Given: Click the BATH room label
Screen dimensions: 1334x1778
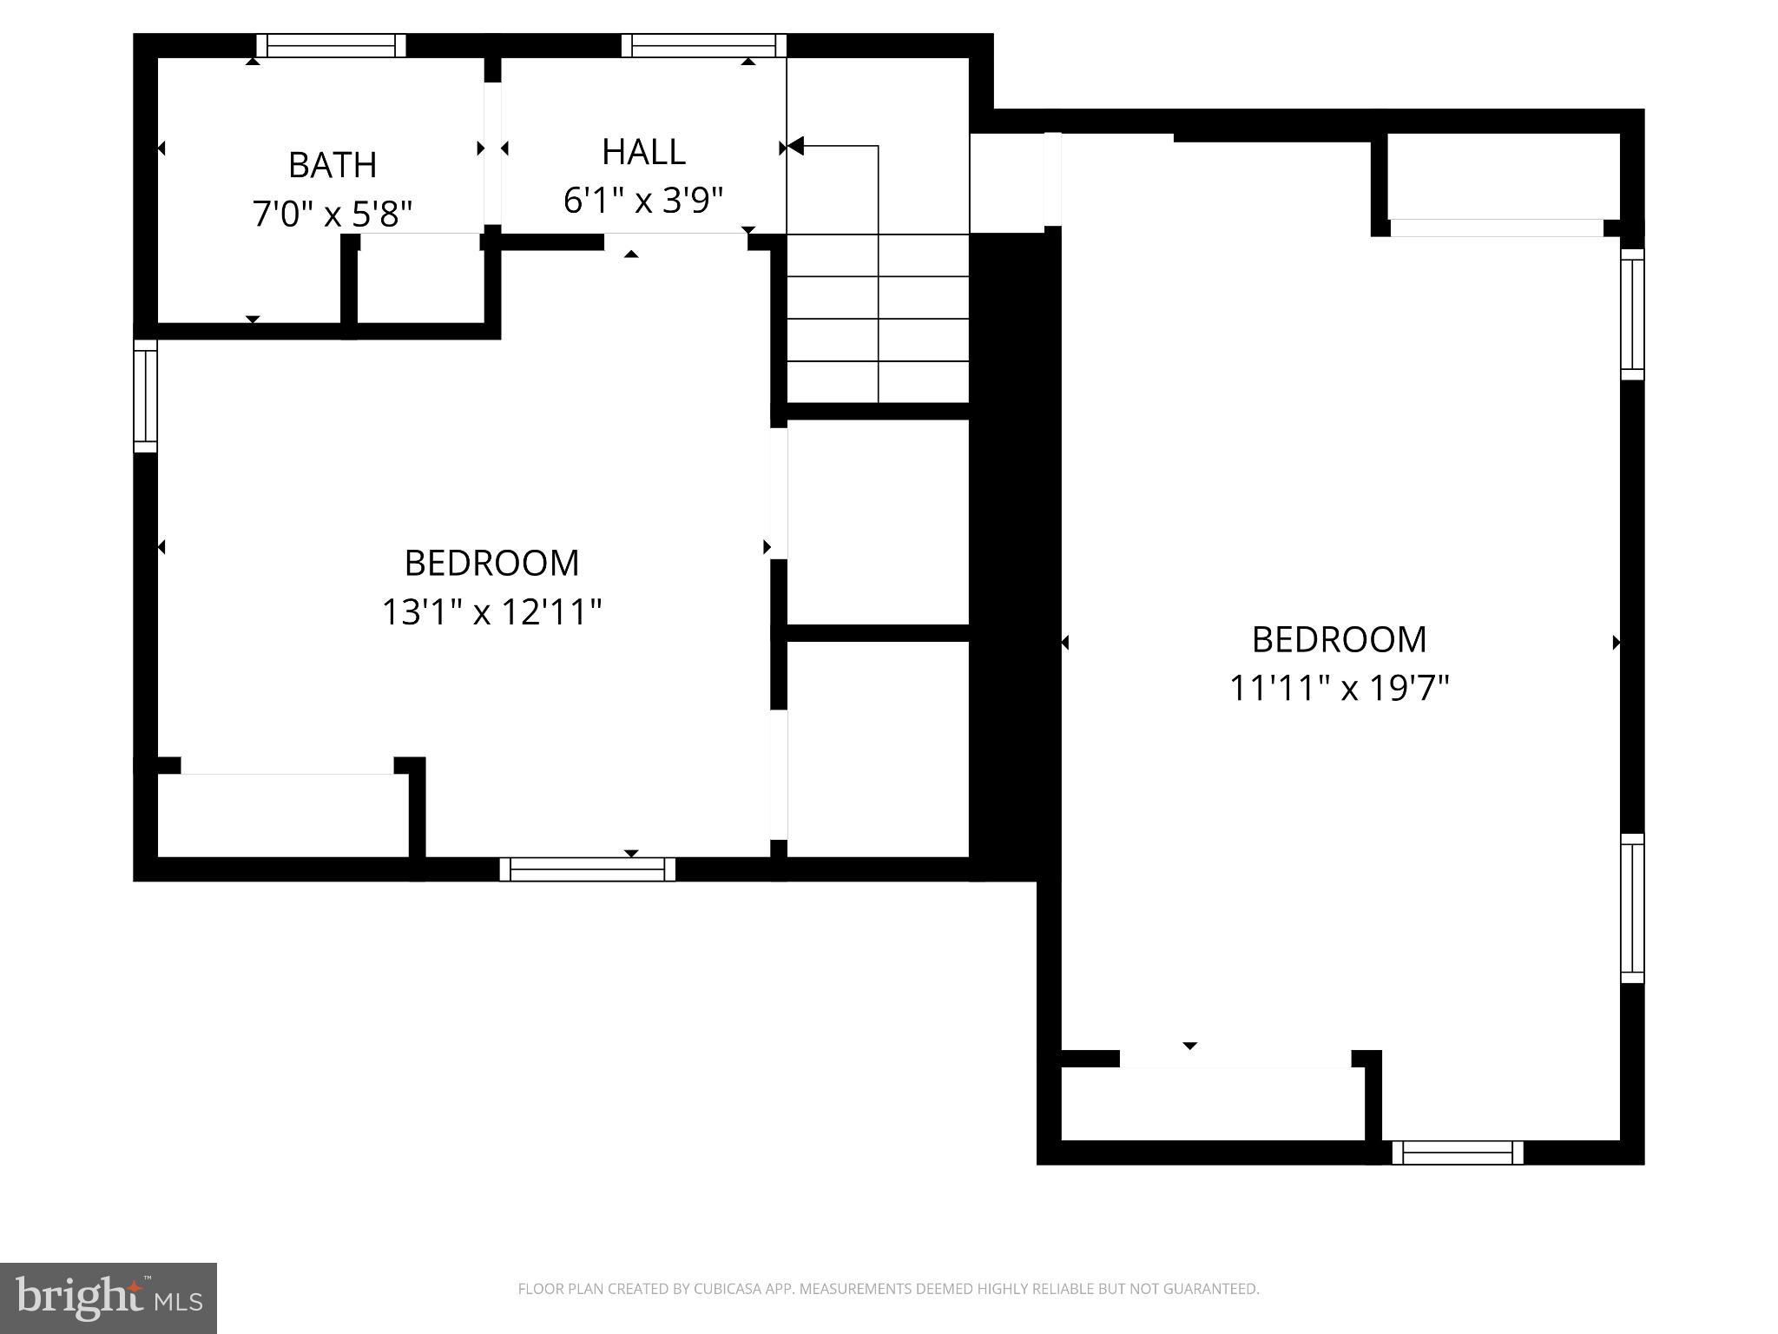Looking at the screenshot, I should coord(332,165).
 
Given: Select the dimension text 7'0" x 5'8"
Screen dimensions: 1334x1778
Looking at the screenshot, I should coord(332,214).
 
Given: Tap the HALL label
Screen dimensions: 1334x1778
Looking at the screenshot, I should coord(643,152).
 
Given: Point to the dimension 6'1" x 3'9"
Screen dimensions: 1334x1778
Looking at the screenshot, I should coord(643,201).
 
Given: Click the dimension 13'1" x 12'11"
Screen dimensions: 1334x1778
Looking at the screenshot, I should coord(491,611).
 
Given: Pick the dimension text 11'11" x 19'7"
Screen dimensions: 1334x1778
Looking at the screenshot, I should coord(1339,689).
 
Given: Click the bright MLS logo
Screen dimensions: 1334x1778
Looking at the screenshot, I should coord(109,1298).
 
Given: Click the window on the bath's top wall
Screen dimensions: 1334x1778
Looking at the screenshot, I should coord(331,45).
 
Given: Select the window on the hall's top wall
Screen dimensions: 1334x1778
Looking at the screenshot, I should coord(703,45).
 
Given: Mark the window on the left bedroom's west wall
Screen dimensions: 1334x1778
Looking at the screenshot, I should coord(145,396).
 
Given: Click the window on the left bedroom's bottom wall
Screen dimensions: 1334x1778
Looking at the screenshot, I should coord(587,868).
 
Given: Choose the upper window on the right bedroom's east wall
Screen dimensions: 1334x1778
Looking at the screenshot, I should coord(1632,314).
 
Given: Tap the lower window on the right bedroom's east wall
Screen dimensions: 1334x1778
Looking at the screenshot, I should coord(1632,908).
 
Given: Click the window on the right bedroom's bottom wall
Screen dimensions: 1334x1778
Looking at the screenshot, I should coord(1457,1152).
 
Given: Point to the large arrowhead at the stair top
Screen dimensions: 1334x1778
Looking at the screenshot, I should coord(795,147).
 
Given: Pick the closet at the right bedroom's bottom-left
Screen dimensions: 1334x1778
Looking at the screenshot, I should coord(1212,1103).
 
